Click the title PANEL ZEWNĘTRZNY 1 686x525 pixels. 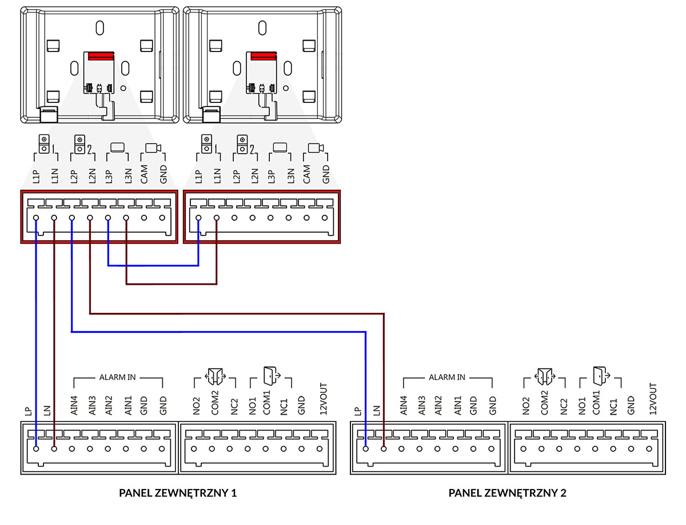click(x=178, y=493)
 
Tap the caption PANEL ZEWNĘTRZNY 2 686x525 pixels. click(x=507, y=493)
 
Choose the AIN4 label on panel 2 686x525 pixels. click(x=402, y=405)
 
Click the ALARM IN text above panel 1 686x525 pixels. click(x=118, y=378)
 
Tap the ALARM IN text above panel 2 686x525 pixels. click(x=447, y=378)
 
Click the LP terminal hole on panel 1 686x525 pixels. click(x=36, y=449)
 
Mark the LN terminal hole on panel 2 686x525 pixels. click(x=384, y=449)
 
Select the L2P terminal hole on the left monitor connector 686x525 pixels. click(x=72, y=218)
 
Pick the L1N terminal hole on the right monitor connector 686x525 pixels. click(x=217, y=218)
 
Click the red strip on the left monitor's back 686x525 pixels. click(x=100, y=57)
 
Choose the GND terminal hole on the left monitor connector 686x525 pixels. click(x=162, y=218)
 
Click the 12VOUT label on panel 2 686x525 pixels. click(x=652, y=399)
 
